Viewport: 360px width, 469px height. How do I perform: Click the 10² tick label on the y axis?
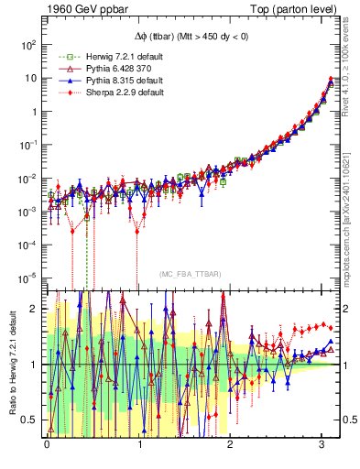point(29,44)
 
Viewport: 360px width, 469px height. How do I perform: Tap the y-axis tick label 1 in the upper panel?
point(35,111)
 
